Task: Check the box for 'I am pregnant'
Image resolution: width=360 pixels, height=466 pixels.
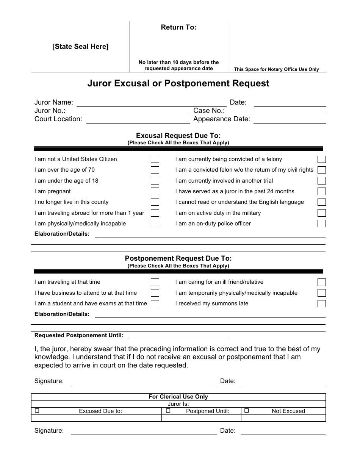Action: [x=155, y=191]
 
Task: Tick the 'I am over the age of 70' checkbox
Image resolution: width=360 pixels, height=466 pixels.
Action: [x=155, y=170]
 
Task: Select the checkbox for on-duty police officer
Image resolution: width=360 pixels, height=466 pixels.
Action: [x=322, y=224]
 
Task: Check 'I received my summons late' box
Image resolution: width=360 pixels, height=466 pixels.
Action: [x=322, y=303]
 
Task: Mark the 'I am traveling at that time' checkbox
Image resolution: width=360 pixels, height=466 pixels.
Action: [x=155, y=282]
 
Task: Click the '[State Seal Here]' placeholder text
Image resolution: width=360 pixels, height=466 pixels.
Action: [x=81, y=47]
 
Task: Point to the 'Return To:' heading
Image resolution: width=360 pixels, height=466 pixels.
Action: [x=178, y=27]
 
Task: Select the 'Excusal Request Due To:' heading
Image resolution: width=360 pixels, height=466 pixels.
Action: [x=178, y=136]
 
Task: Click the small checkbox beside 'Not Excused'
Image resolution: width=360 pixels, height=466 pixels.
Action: [x=247, y=410]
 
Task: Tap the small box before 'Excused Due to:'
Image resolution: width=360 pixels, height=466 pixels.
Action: [x=37, y=410]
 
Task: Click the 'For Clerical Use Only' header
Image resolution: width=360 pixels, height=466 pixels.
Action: [x=178, y=397]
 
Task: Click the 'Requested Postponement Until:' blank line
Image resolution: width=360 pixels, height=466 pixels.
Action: [x=178, y=336]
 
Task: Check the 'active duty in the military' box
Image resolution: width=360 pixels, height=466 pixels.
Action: [x=322, y=213]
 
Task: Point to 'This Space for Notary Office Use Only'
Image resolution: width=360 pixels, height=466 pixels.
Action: [x=276, y=69]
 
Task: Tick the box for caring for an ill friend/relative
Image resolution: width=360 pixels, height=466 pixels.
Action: [x=322, y=282]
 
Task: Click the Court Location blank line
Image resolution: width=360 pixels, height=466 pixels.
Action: [x=138, y=120]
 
